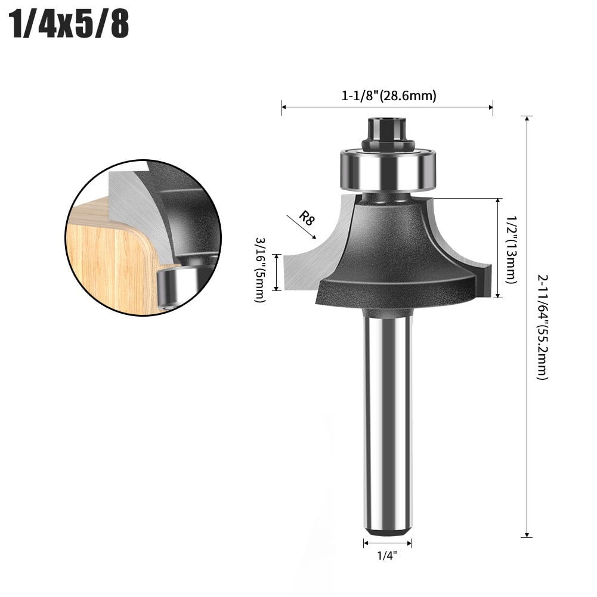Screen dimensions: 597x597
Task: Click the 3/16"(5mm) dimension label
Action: tap(261, 270)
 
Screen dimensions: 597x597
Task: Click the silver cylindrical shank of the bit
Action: tap(388, 417)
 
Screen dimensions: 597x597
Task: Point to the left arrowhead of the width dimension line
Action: tap(284, 107)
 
